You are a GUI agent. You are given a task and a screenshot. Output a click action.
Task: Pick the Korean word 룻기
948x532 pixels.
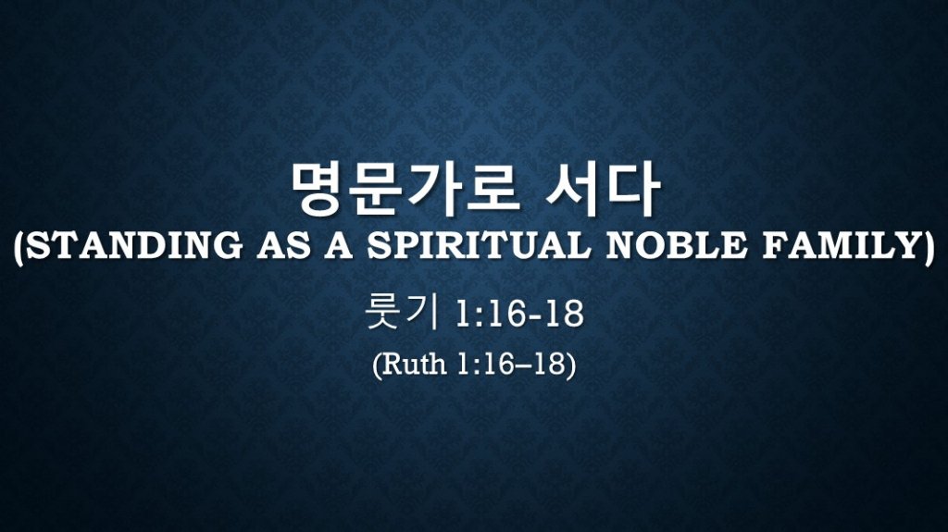click(x=402, y=312)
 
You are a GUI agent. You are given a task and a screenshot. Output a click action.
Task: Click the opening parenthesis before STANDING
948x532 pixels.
click(x=19, y=248)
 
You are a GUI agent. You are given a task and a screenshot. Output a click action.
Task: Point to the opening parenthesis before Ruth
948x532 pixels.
click(x=378, y=365)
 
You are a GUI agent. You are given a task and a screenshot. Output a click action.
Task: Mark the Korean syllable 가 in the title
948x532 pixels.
click(x=433, y=190)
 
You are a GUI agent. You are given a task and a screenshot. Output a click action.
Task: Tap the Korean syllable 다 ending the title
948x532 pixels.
click(x=631, y=190)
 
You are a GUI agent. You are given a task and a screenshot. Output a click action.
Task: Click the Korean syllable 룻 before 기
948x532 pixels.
click(x=383, y=312)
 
